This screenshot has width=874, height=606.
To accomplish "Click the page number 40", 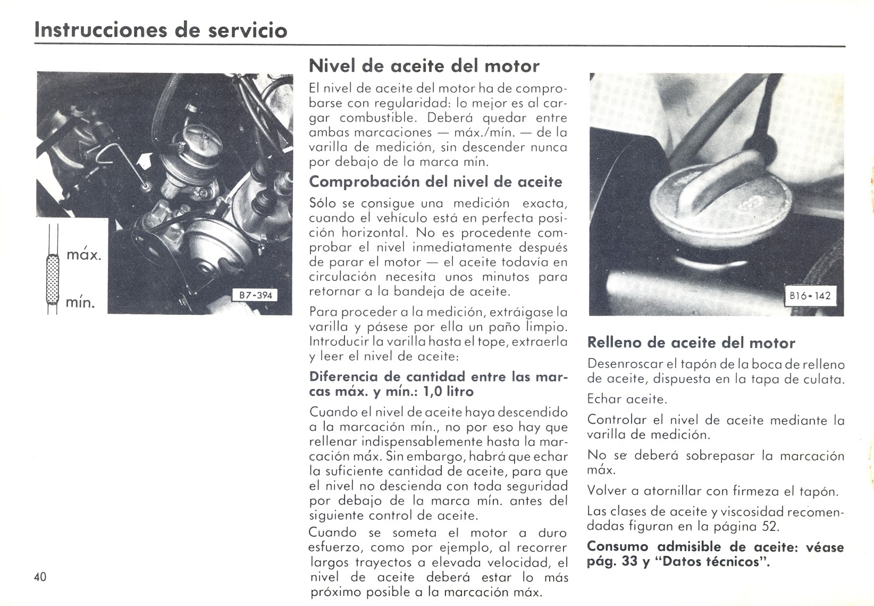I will (40, 577).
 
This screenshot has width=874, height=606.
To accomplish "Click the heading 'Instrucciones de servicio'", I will (161, 30).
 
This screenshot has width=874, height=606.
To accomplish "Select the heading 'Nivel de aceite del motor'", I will (424, 66).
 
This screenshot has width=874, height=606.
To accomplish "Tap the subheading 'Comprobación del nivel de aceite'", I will (435, 182).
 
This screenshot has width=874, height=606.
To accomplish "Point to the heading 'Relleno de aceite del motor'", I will (691, 343).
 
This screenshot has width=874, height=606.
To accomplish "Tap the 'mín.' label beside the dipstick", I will (80, 303).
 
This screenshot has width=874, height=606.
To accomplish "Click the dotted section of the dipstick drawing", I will (53, 279).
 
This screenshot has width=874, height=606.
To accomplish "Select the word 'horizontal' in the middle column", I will (374, 233).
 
